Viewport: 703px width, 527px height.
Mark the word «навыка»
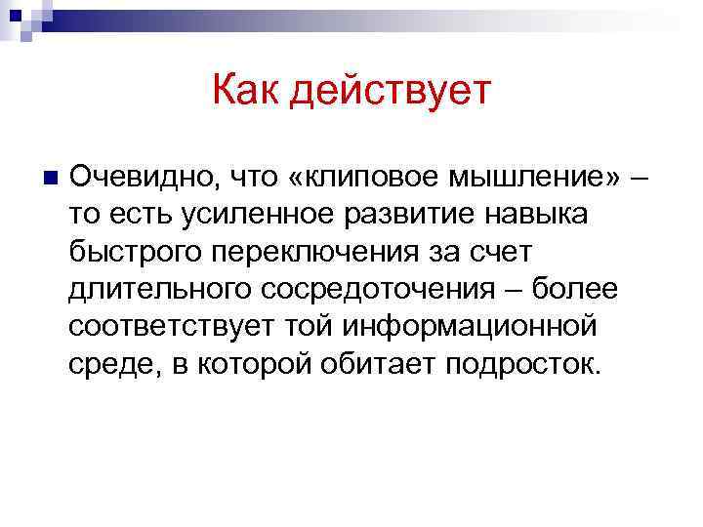coord(539,215)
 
